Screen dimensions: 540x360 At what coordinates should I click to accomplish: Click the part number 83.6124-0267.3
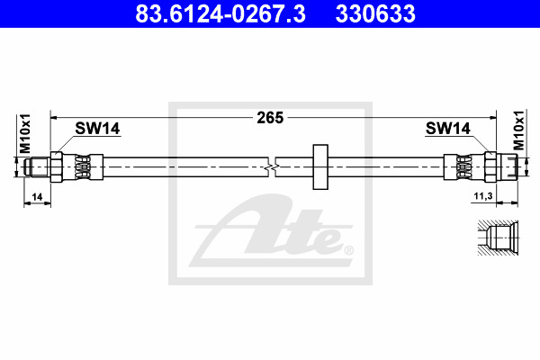220,13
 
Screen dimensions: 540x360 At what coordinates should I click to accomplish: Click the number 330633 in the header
375,13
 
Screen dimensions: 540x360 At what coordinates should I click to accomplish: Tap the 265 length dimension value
270,118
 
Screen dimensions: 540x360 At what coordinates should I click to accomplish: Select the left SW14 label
97,129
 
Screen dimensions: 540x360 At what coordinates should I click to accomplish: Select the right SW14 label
447,129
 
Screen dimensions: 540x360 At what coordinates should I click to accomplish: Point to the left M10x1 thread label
25,134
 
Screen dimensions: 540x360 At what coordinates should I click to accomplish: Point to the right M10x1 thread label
518,130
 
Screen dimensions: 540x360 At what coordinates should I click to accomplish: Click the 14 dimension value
37,197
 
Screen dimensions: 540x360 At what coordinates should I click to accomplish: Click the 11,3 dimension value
483,196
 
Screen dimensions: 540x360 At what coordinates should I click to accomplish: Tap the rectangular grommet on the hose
320,167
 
